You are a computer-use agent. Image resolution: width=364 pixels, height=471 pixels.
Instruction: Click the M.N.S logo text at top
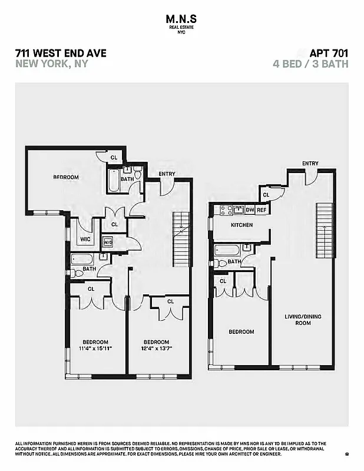click(181, 20)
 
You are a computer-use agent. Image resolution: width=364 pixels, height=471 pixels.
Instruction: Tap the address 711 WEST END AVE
click(61, 53)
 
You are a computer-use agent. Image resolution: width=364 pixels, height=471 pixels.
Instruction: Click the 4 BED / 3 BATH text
click(310, 64)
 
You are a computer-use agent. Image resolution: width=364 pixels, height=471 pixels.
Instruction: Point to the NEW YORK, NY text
click(51, 64)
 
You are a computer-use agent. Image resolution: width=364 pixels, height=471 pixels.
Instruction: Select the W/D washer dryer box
click(108, 242)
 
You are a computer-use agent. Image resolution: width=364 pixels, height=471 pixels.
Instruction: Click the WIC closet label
click(85, 240)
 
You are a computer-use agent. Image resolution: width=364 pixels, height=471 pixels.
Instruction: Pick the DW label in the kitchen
click(250, 210)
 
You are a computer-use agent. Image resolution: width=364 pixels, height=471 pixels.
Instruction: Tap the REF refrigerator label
click(262, 210)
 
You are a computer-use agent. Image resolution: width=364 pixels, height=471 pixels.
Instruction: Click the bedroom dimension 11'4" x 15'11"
click(95, 349)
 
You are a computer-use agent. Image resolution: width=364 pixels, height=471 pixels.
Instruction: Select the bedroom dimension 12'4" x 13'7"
click(157, 349)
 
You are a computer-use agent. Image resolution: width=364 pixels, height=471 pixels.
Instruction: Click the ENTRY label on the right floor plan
click(310, 164)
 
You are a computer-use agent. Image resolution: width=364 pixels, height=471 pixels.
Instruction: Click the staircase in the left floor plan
click(182, 239)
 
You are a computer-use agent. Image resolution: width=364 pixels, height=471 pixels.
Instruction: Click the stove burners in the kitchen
click(225, 210)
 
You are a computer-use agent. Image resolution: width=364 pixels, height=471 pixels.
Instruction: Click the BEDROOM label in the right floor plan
click(241, 331)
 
